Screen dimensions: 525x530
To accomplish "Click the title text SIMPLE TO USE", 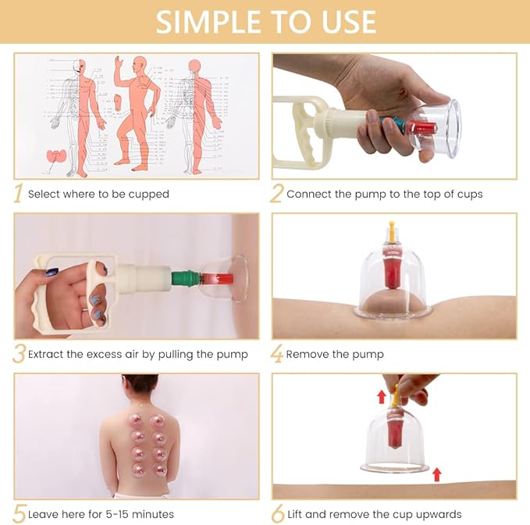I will (265, 22).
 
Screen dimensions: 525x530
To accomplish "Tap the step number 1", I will (18, 194).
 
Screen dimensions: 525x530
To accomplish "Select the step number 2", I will (276, 194).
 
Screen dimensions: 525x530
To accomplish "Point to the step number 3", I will (18, 354).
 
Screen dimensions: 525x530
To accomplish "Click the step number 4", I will (276, 354).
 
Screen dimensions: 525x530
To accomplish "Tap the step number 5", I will (18, 514).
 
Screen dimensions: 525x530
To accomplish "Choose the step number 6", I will (276, 514).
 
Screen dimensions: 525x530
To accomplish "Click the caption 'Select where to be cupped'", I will (98, 194).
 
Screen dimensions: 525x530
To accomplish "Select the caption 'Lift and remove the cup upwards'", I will (374, 514).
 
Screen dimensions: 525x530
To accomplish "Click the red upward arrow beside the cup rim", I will (436, 473).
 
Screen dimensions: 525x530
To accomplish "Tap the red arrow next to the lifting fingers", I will (382, 397).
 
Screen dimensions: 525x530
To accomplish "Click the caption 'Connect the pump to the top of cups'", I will (384, 194).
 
